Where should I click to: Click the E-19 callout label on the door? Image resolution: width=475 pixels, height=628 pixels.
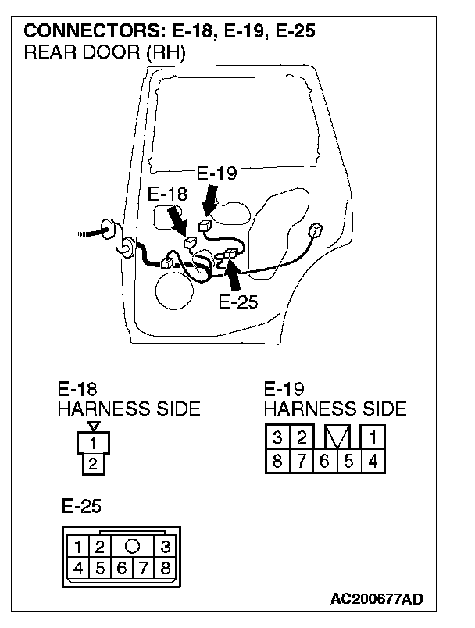(216, 174)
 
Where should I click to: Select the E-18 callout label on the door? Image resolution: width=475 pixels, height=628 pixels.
(166, 194)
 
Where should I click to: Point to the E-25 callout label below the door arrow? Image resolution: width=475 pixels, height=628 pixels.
(238, 302)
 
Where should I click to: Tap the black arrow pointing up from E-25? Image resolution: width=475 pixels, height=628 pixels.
(232, 275)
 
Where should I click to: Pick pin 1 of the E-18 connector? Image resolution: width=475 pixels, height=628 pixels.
(93, 443)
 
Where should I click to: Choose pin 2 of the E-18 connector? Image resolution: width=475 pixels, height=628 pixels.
(93, 464)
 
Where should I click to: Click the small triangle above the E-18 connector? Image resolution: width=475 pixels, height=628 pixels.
(94, 426)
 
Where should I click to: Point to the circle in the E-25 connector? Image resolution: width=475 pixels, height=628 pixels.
(133, 545)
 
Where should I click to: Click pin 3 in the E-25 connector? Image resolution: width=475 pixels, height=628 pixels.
(166, 545)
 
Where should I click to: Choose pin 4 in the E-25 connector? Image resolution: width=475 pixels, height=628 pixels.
(79, 568)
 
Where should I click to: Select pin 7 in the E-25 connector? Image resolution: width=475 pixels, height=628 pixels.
(144, 568)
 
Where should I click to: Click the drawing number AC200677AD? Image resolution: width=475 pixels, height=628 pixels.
(377, 600)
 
